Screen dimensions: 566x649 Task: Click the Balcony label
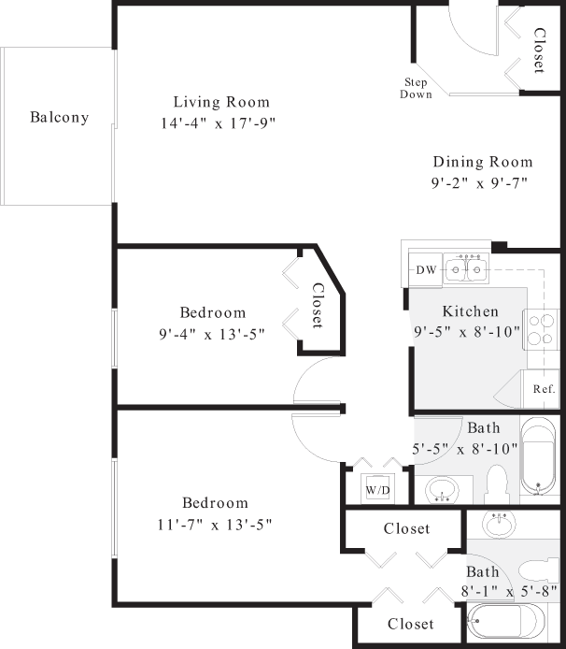click(59, 118)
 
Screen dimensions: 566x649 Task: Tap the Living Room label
click(221, 102)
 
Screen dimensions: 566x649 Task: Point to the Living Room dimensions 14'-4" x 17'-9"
click(218, 123)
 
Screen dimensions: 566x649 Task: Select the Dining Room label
click(482, 162)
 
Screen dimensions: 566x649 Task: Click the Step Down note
click(416, 88)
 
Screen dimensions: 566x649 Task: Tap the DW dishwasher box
click(425, 270)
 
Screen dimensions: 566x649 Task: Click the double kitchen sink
click(464, 269)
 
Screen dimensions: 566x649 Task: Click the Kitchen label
click(470, 311)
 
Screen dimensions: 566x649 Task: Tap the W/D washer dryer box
click(376, 489)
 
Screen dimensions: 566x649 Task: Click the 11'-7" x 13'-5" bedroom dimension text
click(214, 524)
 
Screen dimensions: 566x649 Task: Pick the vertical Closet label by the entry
click(539, 50)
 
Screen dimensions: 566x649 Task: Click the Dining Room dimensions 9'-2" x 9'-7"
click(479, 182)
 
